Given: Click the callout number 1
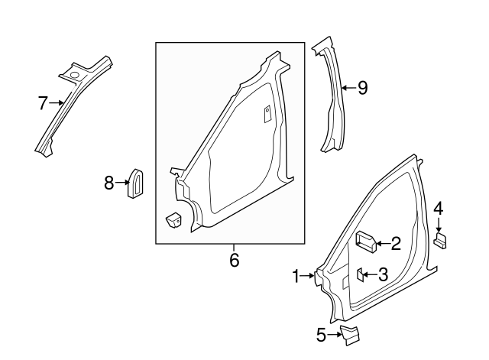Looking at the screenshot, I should [x=297, y=277].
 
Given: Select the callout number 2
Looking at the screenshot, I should [x=395, y=244].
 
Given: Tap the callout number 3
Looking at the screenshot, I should [x=384, y=274].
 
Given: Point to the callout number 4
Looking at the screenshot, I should [x=439, y=209].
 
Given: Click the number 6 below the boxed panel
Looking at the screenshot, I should [x=235, y=261].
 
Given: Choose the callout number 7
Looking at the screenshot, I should [x=43, y=102].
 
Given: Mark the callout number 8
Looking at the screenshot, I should [x=109, y=183].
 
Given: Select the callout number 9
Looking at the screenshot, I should [x=362, y=88].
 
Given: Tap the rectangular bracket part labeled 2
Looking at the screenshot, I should [x=365, y=242].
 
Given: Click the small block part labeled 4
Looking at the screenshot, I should [x=440, y=240].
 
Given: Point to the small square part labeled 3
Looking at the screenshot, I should [x=360, y=274].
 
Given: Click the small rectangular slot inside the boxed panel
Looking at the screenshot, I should [x=267, y=114].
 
